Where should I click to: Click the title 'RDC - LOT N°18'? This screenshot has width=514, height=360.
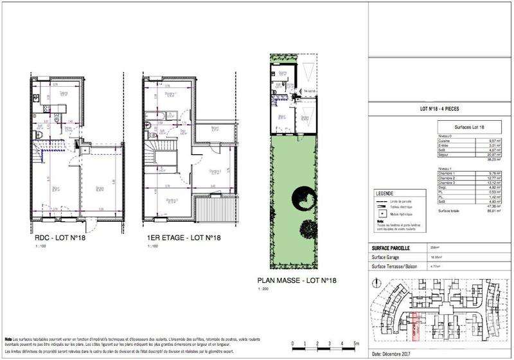(x=61, y=238)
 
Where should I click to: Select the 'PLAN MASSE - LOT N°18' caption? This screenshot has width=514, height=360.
(x=297, y=280)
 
